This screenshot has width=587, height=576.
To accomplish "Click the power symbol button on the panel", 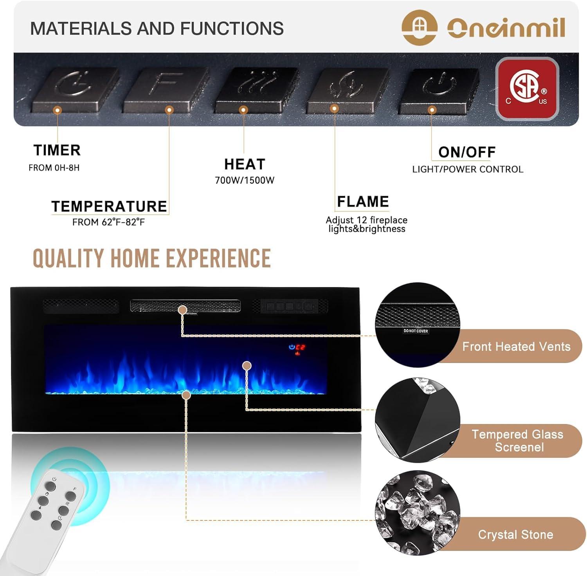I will point(439,88).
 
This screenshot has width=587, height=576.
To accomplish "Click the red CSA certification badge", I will point(527,88).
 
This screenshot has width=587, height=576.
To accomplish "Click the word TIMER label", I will point(57,150).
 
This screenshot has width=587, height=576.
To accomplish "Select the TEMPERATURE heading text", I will point(109,206).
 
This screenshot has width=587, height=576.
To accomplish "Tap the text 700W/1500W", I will point(245,181).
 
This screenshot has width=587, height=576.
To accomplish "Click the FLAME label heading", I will point(363,202).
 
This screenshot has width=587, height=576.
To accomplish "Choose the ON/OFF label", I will point(466,152).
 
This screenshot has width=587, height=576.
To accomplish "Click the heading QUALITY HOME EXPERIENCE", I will point(151,259).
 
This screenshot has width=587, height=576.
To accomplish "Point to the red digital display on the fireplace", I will point(300,347).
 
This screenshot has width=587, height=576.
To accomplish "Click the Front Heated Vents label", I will point(516,347).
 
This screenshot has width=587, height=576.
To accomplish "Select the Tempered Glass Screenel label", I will point(517,441).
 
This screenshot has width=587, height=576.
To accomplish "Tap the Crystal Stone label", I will point(515,535).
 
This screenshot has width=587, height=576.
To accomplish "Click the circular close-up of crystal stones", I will point(417,513).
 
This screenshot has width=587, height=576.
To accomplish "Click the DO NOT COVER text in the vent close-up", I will point(416,331).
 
